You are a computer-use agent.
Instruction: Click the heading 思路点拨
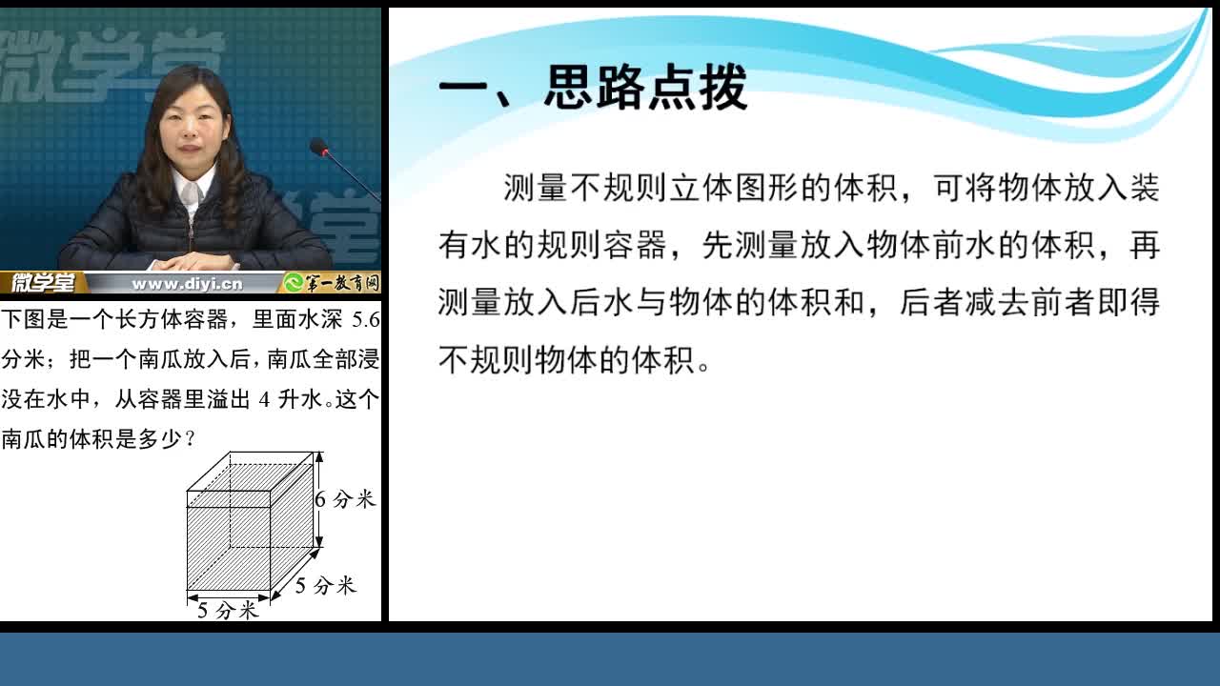point(646,87)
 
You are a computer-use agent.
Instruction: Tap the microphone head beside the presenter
point(318,147)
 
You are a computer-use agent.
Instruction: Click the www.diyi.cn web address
point(188,284)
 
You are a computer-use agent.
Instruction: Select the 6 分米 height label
point(345,499)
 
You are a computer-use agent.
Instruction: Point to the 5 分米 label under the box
point(227,611)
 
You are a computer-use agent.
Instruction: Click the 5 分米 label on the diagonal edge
point(326,585)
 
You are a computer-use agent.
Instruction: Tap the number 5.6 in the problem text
point(365,319)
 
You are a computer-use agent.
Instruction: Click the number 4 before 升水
point(264,399)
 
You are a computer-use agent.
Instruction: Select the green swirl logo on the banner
point(294,283)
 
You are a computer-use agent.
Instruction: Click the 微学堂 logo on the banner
point(43,283)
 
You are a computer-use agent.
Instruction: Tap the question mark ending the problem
point(190,439)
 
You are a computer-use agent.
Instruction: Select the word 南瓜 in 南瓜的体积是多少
point(24,439)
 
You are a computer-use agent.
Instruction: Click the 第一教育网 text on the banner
point(341,283)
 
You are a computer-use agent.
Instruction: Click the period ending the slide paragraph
point(703,367)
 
